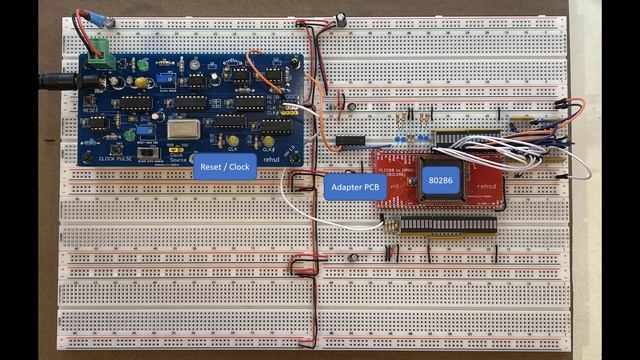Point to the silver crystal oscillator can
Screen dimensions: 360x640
pyautogui.click(x=184, y=129)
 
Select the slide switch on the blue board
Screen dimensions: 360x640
pyautogui.click(x=150, y=155)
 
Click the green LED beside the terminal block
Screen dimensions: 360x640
pyautogui.click(x=143, y=65)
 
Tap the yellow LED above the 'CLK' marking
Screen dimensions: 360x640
pyautogui.click(x=232, y=141)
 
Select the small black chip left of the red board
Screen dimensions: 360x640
pyautogui.click(x=350, y=139)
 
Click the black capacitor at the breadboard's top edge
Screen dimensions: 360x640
pyautogui.click(x=341, y=18)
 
